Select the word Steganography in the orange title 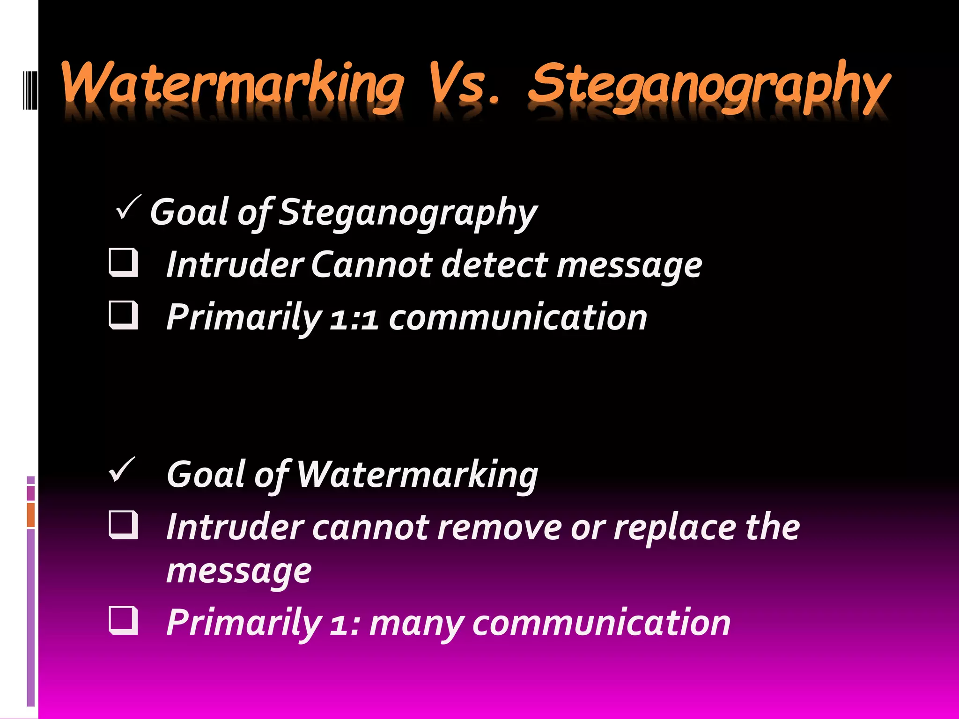tap(709, 87)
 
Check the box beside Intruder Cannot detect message tap(124, 263)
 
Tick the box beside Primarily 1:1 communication tap(124, 315)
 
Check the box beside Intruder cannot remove tap(124, 525)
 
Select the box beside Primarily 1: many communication tap(124, 620)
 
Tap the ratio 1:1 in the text tap(354, 318)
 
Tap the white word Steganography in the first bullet tap(408, 213)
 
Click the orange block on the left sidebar tap(31, 515)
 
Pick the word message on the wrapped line tap(239, 572)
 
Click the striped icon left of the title tap(30, 87)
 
